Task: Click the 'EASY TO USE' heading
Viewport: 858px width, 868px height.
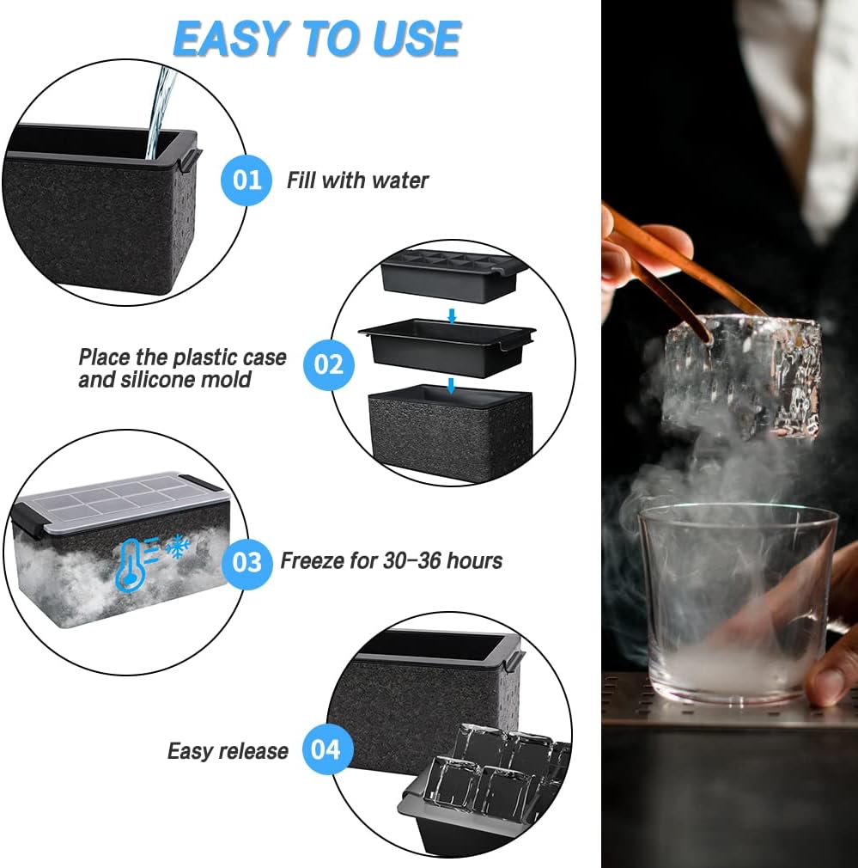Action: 317,39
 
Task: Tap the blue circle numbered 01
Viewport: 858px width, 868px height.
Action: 247,180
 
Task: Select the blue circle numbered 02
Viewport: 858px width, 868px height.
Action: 328,364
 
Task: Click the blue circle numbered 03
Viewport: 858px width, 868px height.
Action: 247,562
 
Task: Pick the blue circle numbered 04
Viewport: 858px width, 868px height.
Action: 326,750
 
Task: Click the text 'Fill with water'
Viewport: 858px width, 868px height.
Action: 357,180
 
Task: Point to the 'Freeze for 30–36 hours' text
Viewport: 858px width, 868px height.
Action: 391,561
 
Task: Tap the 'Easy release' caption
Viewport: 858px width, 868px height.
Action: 228,751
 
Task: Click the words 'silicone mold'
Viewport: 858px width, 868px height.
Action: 165,379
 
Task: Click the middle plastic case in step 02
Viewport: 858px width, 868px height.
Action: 446,345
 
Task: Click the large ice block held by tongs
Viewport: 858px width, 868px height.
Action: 740,375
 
